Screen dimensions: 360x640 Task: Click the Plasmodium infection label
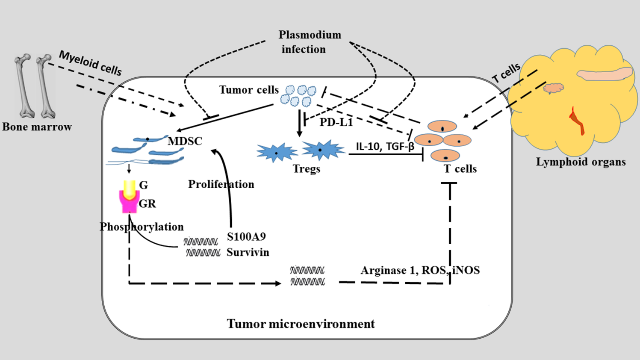pos(310,42)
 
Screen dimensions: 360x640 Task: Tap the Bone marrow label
pos(37,127)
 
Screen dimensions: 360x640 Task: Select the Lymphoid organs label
pos(581,162)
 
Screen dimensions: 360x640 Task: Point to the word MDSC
pos(185,141)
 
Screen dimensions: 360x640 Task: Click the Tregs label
pos(307,169)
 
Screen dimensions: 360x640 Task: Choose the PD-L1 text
pos(336,123)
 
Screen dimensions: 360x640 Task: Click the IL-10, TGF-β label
pos(385,147)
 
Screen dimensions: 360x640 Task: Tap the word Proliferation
pos(221,184)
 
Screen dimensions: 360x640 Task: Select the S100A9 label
pos(246,237)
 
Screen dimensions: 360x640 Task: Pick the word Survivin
pos(248,252)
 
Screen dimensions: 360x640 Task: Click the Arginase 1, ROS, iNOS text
pos(420,270)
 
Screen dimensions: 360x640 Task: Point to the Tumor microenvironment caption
pos(301,324)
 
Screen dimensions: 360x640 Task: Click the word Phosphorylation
pos(142,227)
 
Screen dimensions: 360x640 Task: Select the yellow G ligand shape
pos(129,188)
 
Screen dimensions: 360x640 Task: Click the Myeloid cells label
pos(90,63)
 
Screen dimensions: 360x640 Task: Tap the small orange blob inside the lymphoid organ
pos(553,89)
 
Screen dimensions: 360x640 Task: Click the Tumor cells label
pos(249,90)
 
